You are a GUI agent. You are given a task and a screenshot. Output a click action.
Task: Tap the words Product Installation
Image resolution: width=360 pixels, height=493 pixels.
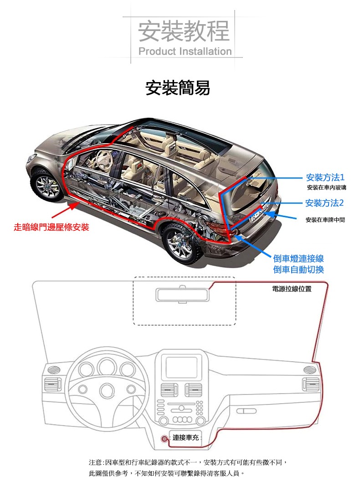pos(185,52)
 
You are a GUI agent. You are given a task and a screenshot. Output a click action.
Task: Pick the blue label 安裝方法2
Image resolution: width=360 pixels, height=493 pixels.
pos(324,202)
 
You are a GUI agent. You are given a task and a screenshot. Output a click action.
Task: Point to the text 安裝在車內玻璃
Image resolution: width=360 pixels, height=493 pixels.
pos(326,188)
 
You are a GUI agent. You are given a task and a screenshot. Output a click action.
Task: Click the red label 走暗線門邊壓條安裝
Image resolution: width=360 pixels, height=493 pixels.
pos(51,227)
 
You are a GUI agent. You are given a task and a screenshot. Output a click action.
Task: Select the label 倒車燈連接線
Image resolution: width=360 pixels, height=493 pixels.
pos(298,259)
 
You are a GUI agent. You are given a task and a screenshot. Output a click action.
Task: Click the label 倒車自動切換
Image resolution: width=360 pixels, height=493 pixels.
pos(298,270)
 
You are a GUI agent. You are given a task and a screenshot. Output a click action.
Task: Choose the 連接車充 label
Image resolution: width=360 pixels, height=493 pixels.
pos(185,438)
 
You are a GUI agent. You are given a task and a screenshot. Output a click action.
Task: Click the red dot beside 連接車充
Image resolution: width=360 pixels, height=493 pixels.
pos(165,438)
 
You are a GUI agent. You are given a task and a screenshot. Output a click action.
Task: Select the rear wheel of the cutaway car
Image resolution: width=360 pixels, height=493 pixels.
pos(181,244)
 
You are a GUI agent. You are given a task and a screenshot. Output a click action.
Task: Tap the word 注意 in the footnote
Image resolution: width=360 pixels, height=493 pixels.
pos(96,462)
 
